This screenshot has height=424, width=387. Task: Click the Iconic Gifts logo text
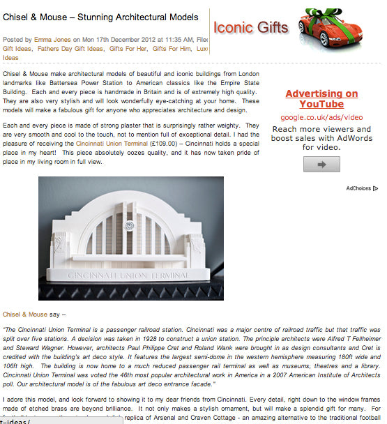click(x=250, y=28)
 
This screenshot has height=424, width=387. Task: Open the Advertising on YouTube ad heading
click(x=321, y=99)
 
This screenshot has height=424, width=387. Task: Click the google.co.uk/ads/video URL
click(x=321, y=118)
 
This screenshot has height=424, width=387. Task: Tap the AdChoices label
click(x=360, y=188)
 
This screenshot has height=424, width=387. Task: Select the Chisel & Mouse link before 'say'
click(x=24, y=315)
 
